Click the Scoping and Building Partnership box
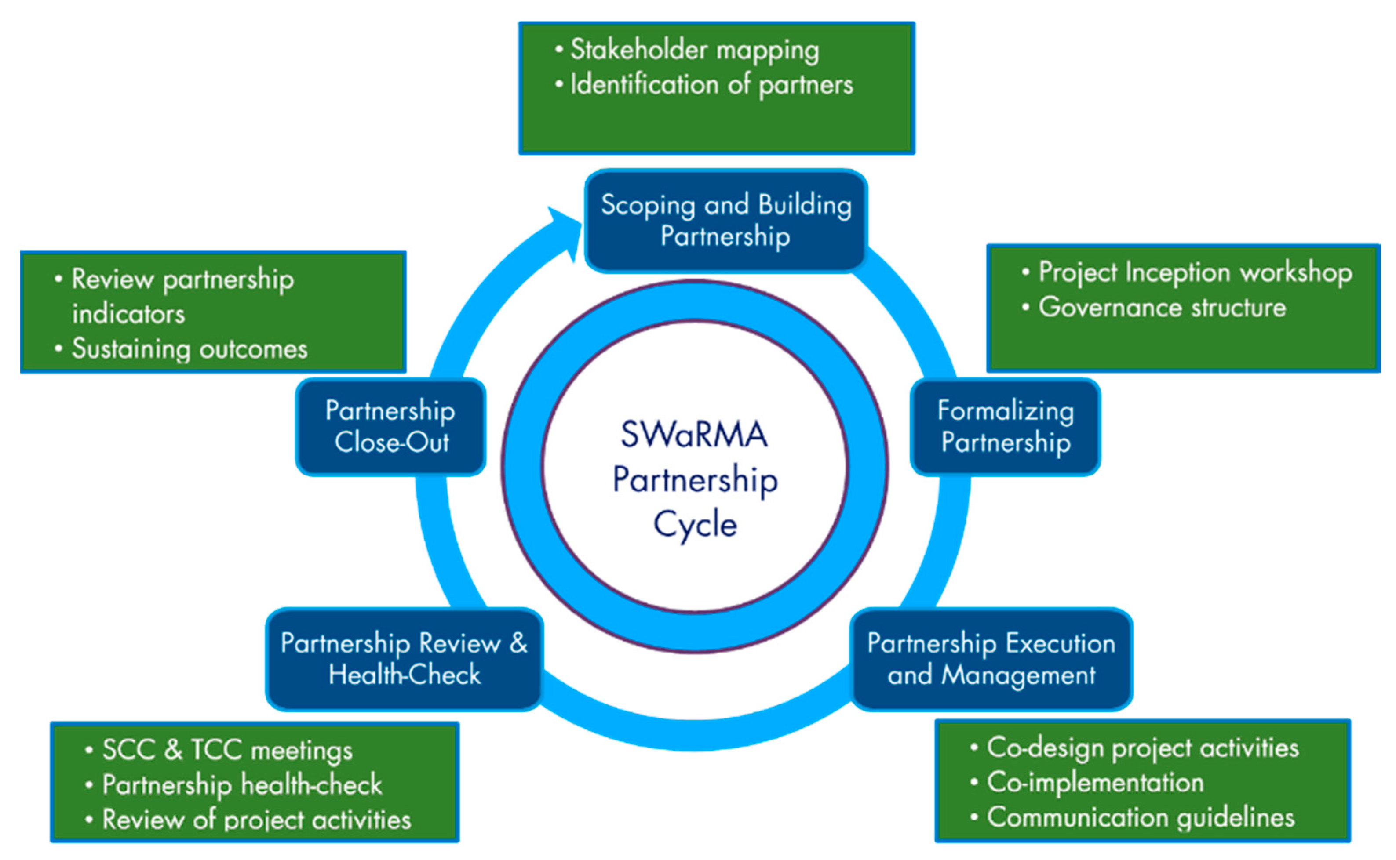tap(725, 221)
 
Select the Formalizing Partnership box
tap(1005, 427)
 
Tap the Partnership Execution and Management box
tap(991, 659)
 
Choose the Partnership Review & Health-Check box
tap(404, 659)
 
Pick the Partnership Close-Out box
tap(390, 427)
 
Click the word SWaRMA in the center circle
tap(694, 435)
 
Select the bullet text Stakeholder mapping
tap(694, 50)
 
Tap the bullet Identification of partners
tap(711, 85)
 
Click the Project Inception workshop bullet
tap(1195, 272)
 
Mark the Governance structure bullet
tap(1162, 308)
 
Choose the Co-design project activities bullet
tap(1142, 748)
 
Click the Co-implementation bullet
tap(1095, 783)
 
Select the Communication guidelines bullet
tap(1140, 818)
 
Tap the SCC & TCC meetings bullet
tap(227, 750)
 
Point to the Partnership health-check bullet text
tap(242, 785)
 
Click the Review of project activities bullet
tap(256, 820)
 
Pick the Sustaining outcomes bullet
tap(189, 348)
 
